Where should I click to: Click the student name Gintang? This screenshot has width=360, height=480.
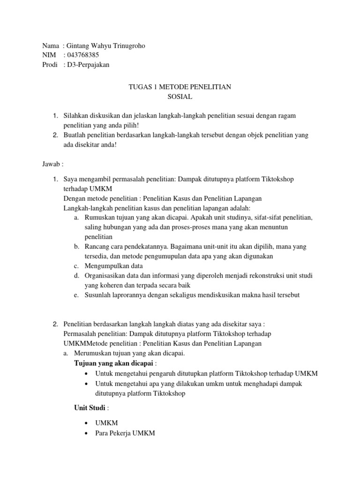pyautogui.click(x=78, y=46)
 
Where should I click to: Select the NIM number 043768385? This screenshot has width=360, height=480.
pyautogui.click(x=83, y=55)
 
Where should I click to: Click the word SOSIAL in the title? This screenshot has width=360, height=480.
pyautogui.click(x=180, y=97)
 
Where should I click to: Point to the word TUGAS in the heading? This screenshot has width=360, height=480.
pyautogui.click(x=138, y=87)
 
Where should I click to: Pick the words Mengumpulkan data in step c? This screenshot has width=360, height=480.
pyautogui.click(x=114, y=266)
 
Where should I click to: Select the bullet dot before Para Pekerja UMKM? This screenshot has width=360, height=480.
pyautogui.click(x=88, y=434)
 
